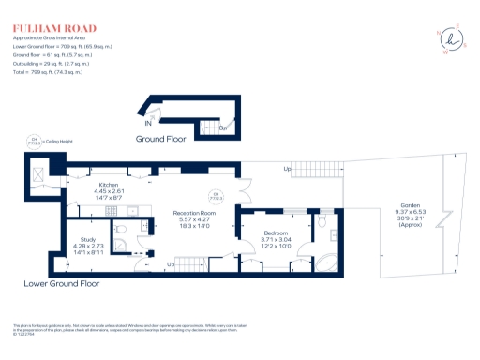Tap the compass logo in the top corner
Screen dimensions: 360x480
pos(453,39)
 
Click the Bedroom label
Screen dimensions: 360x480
pos(275,239)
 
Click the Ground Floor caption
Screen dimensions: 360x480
pos(160,138)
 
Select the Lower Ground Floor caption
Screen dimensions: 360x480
pos(62,282)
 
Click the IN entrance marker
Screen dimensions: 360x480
pos(147,123)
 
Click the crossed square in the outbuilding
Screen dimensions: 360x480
pos(38,174)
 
